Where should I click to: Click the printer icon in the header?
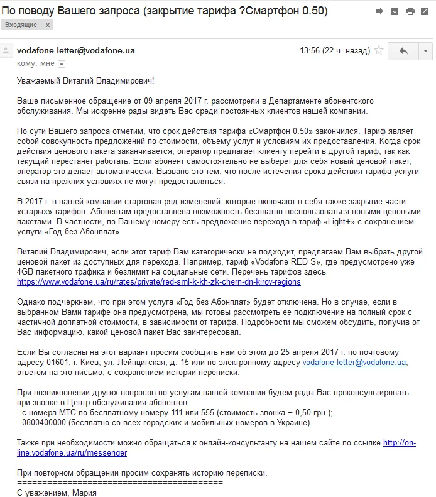pos(410,11)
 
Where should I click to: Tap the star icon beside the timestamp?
pos(379,50)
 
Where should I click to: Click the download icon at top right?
pos(395,11)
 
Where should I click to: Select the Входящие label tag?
pos(20,25)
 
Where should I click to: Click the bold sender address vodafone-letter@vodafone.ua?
pos(75,50)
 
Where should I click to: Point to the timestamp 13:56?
pos(310,50)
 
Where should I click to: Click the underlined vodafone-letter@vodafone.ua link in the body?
pos(355,362)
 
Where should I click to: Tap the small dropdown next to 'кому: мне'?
pos(62,63)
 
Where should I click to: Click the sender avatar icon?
pos(7,51)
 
